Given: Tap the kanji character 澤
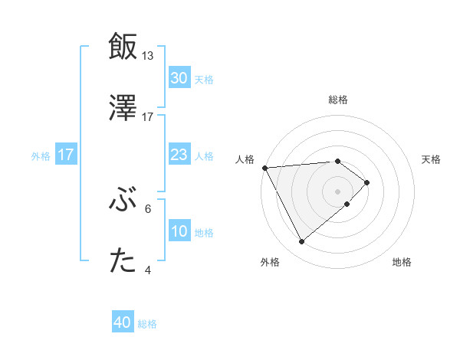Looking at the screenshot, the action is [123, 108].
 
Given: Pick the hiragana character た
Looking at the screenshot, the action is [123, 261].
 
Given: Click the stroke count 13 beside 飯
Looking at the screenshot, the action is [148, 56].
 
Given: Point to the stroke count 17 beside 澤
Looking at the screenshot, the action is [148, 117].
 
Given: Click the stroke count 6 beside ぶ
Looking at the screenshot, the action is [148, 208].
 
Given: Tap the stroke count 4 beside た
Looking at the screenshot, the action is [148, 270].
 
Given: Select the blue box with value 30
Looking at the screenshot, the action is [179, 78].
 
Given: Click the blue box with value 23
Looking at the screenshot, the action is [179, 155].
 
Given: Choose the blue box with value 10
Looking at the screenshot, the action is [179, 231].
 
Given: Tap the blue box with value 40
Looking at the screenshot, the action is [123, 323].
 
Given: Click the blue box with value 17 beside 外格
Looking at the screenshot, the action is [66, 155].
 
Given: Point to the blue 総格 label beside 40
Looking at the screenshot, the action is [148, 324].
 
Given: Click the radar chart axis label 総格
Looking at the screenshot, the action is [337, 100].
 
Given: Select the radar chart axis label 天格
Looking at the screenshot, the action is [431, 159].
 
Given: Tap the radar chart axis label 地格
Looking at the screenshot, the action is [402, 262].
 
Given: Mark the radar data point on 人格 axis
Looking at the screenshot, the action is [264, 167].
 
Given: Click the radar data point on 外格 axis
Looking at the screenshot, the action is [301, 242].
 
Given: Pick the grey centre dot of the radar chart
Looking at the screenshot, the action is [337, 191].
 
